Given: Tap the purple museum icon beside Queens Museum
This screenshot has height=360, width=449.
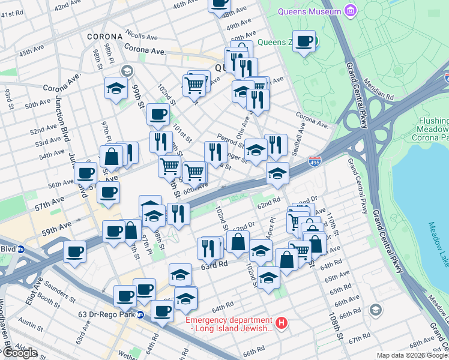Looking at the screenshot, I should click(351, 11).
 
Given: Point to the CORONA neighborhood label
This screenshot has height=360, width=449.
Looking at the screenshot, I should click(105, 37).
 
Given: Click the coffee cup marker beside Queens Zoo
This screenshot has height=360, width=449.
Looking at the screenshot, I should click(305, 41).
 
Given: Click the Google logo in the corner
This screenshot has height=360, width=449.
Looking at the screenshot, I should click(20, 353).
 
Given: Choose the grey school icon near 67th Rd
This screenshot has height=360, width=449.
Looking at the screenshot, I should click(376, 310).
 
